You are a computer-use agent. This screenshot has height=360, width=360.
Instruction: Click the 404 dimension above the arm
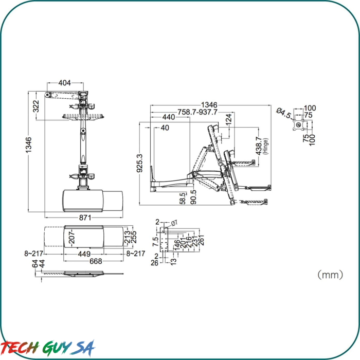click(x=64, y=83)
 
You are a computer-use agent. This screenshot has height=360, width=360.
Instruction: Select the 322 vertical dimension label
click(x=36, y=106)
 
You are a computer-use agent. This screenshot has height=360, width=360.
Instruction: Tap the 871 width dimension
click(x=85, y=218)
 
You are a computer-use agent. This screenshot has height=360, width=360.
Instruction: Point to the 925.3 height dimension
click(x=140, y=163)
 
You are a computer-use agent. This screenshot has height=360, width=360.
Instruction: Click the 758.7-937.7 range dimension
click(x=197, y=112)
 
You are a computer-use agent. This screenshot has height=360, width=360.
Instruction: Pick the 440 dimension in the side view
click(x=169, y=117)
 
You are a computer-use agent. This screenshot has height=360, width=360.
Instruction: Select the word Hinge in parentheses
click(x=266, y=146)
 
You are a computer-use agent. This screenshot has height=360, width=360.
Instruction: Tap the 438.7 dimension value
click(x=259, y=146)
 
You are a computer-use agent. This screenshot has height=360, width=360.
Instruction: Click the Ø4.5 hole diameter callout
click(x=284, y=113)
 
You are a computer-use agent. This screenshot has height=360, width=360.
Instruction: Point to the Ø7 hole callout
click(x=174, y=223)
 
